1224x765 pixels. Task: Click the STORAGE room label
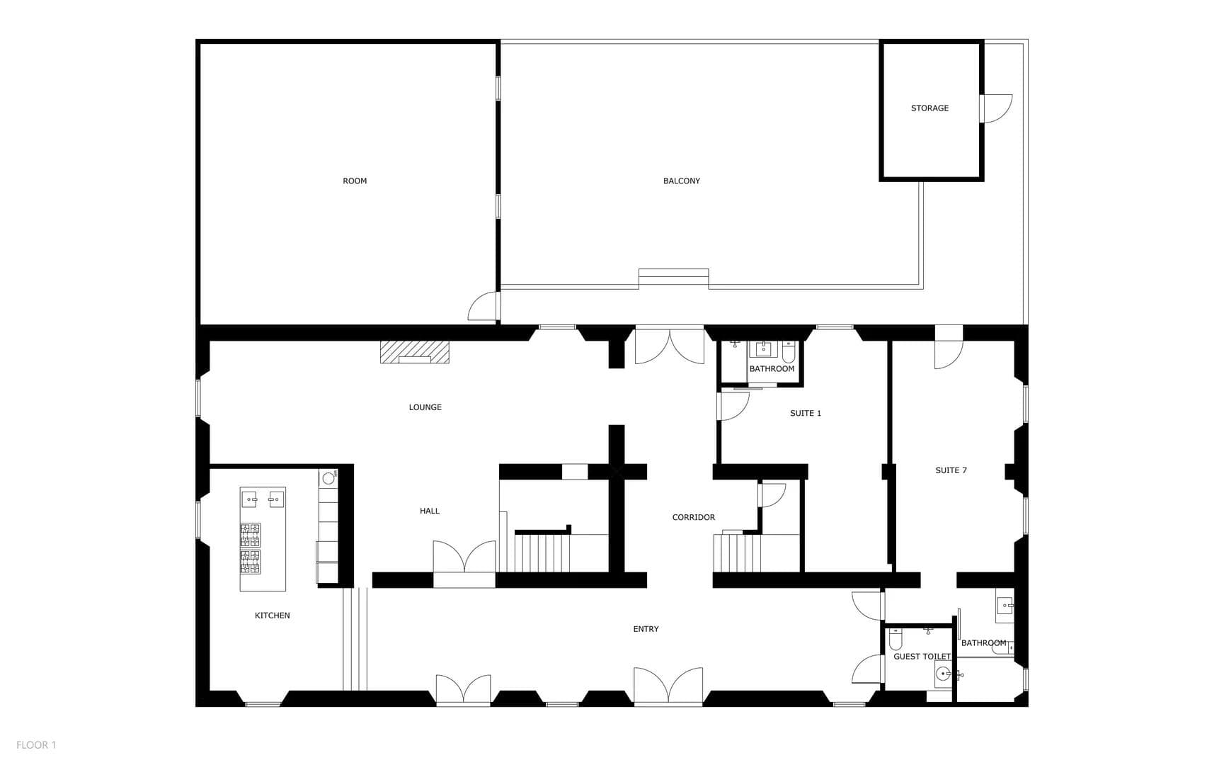click(930, 108)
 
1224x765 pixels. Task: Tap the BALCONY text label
click(681, 181)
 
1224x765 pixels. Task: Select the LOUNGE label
click(425, 407)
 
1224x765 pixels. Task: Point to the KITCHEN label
click(272, 616)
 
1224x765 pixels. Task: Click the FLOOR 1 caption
click(36, 744)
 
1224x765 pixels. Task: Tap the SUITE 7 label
click(951, 470)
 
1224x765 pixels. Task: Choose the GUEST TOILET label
click(922, 657)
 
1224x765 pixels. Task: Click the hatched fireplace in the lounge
click(415, 352)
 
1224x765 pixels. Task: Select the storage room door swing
click(995, 108)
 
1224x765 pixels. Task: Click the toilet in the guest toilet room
click(896, 640)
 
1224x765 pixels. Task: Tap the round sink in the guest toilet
click(943, 674)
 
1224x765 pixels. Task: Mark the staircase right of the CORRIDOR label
click(737, 552)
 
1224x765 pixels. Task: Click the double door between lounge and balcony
click(669, 346)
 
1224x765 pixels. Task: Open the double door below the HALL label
click(464, 557)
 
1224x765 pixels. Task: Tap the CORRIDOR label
click(693, 518)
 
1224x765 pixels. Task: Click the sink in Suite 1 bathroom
click(764, 348)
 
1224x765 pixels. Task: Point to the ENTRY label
click(646, 629)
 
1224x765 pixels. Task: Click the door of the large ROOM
click(484, 307)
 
